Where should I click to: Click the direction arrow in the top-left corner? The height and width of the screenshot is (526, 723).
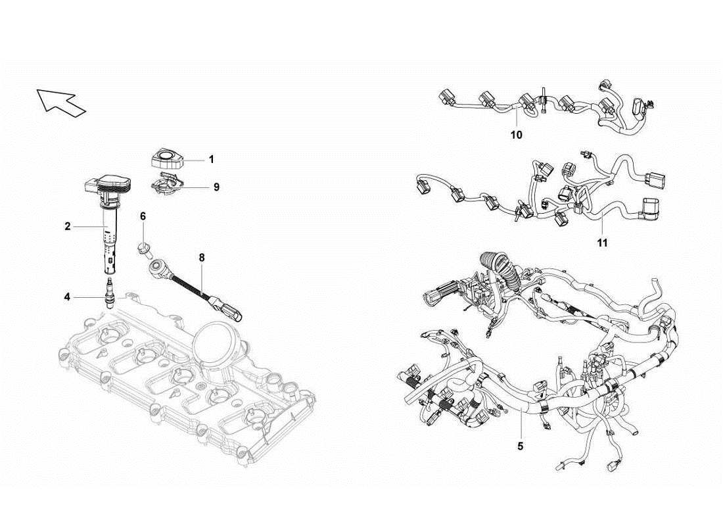(61, 101)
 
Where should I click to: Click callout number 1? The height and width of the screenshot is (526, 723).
(211, 159)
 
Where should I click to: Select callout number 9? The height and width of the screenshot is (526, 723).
(216, 187)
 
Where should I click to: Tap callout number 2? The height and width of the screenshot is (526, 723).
(67, 226)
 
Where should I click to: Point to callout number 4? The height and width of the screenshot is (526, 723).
(67, 297)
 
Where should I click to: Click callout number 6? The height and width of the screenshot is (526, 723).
(143, 216)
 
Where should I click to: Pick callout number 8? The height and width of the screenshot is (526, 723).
(202, 258)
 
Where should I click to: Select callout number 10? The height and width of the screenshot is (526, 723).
(516, 135)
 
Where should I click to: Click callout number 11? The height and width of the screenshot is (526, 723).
(602, 243)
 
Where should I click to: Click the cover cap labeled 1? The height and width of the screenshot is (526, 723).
(165, 157)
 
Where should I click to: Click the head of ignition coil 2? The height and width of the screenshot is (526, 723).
(107, 186)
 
